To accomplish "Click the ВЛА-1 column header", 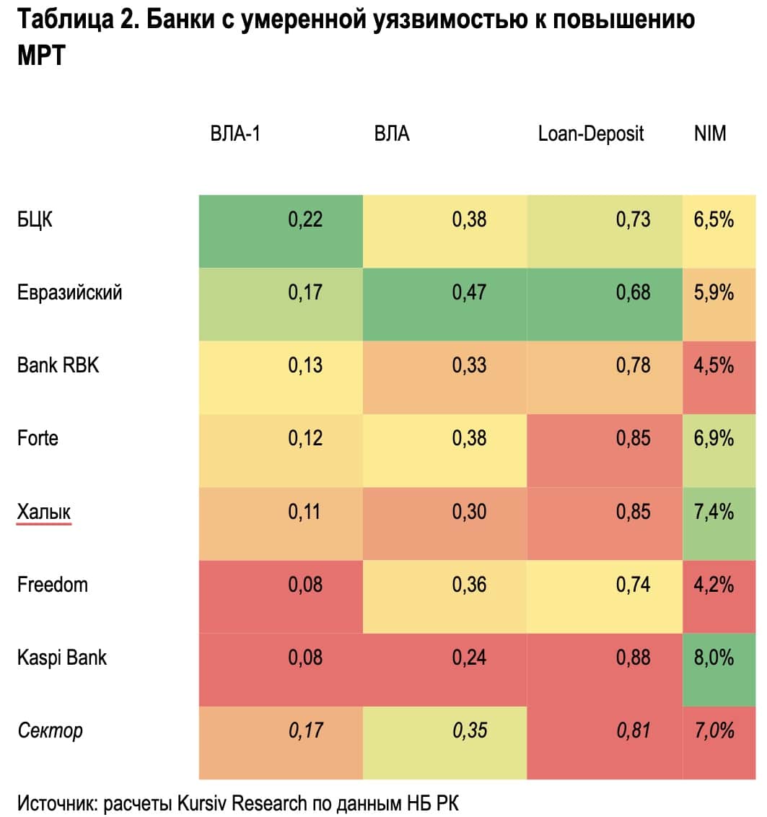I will click(x=235, y=134).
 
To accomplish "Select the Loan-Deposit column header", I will click(x=591, y=134).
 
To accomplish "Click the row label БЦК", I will click(x=35, y=219).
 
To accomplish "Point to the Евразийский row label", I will click(x=69, y=292).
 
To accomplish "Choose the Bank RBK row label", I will click(x=58, y=364).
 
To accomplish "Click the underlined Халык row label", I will click(x=44, y=512).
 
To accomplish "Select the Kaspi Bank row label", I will click(x=62, y=657).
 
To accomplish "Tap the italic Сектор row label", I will click(x=50, y=730).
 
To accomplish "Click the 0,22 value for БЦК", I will click(x=305, y=219).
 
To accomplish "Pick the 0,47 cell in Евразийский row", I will click(x=469, y=292).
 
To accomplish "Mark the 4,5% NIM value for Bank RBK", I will click(x=714, y=365).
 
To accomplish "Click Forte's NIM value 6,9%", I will click(x=714, y=438).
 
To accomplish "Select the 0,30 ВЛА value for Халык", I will click(x=469, y=512).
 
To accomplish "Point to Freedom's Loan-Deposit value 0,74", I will click(x=633, y=585).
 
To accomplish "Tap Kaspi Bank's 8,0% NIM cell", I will click(x=714, y=657).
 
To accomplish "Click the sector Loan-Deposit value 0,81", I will click(x=633, y=730).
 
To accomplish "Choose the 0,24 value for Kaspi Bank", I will click(x=469, y=657).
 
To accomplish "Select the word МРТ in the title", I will click(x=41, y=56).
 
